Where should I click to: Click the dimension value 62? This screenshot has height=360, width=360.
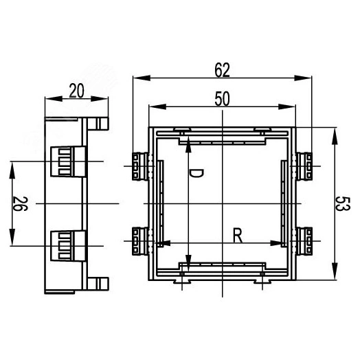222,69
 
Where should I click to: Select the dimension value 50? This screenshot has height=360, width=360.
222,98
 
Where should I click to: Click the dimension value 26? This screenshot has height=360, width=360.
21,204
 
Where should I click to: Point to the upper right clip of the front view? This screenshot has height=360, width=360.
306,164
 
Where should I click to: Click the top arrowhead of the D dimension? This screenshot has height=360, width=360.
188,142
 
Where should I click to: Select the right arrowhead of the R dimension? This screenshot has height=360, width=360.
283,243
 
